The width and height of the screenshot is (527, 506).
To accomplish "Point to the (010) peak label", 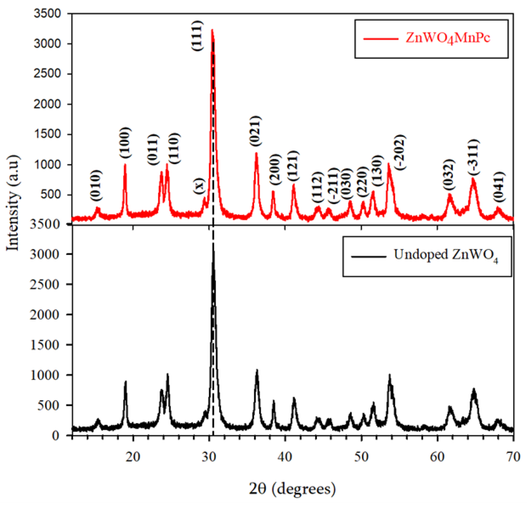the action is point(96,185).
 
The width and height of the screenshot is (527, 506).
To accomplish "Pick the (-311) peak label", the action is point(473,157).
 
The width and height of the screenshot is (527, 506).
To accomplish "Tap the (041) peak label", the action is point(500,187).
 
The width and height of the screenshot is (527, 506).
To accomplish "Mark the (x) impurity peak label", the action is point(199,186).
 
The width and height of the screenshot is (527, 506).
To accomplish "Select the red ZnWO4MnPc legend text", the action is point(448,38).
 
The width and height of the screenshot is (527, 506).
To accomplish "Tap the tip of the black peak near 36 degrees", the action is point(257,370).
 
